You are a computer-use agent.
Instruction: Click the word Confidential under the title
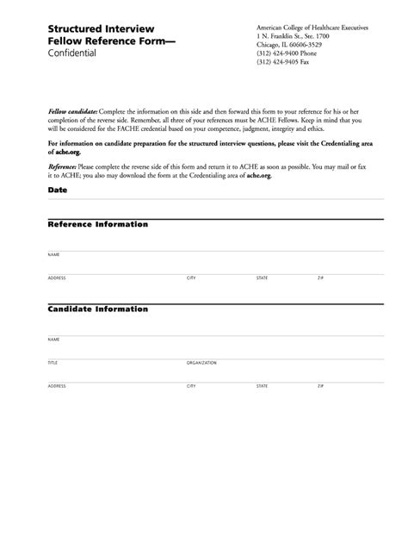(72, 53)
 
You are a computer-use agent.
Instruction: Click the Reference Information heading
(97, 224)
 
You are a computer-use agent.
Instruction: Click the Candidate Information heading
(97, 308)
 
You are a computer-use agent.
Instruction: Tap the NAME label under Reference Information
(53, 255)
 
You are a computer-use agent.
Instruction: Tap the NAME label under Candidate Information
(53, 340)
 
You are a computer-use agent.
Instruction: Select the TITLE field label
(53, 363)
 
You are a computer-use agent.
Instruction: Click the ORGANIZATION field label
(201, 363)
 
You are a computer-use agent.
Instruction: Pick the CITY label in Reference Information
(191, 278)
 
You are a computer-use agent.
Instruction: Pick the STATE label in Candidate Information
(262, 386)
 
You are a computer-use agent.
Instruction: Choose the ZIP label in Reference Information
(320, 278)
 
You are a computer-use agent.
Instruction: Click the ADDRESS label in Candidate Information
(57, 386)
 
